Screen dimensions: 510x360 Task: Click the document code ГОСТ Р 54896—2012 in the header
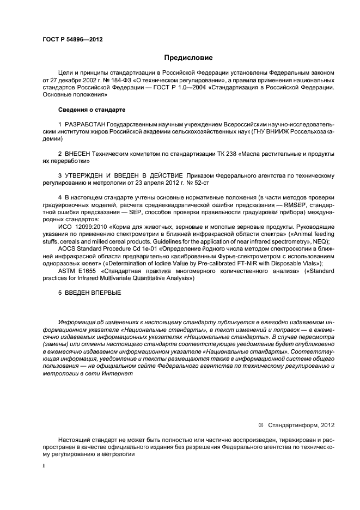(x=72, y=40)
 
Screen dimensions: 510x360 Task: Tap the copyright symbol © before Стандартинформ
(x=260, y=424)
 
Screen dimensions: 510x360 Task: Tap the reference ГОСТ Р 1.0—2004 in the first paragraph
(x=177, y=87)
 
